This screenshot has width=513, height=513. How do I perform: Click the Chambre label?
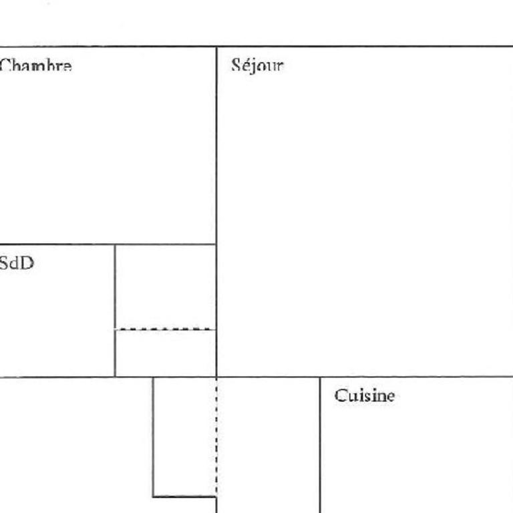click(x=35, y=65)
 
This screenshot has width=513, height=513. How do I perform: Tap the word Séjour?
click(x=257, y=65)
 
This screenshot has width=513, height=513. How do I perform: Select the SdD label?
click(x=17, y=263)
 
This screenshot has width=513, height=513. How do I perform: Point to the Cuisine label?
click(x=365, y=395)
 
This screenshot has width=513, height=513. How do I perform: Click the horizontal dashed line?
click(x=165, y=329)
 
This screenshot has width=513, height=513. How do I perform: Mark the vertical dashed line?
click(x=216, y=437)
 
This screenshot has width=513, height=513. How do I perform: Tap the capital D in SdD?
click(x=28, y=263)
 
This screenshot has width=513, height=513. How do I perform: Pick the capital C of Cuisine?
click(x=340, y=395)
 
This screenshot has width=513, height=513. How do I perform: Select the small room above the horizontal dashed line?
click(x=165, y=287)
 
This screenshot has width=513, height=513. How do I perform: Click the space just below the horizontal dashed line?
click(x=165, y=353)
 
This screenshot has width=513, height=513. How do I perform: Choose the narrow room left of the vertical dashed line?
click(x=184, y=437)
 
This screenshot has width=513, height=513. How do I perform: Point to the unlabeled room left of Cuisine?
click(x=268, y=445)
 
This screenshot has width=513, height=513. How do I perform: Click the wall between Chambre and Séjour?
click(x=216, y=146)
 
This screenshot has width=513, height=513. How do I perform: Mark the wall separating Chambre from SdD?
click(x=108, y=244)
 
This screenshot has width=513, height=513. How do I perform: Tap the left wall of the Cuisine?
click(x=320, y=445)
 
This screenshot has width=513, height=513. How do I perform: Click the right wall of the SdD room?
click(x=115, y=311)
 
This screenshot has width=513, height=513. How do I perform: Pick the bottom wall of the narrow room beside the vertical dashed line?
click(x=184, y=497)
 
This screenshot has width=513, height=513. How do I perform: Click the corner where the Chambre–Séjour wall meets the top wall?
click(x=216, y=47)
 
